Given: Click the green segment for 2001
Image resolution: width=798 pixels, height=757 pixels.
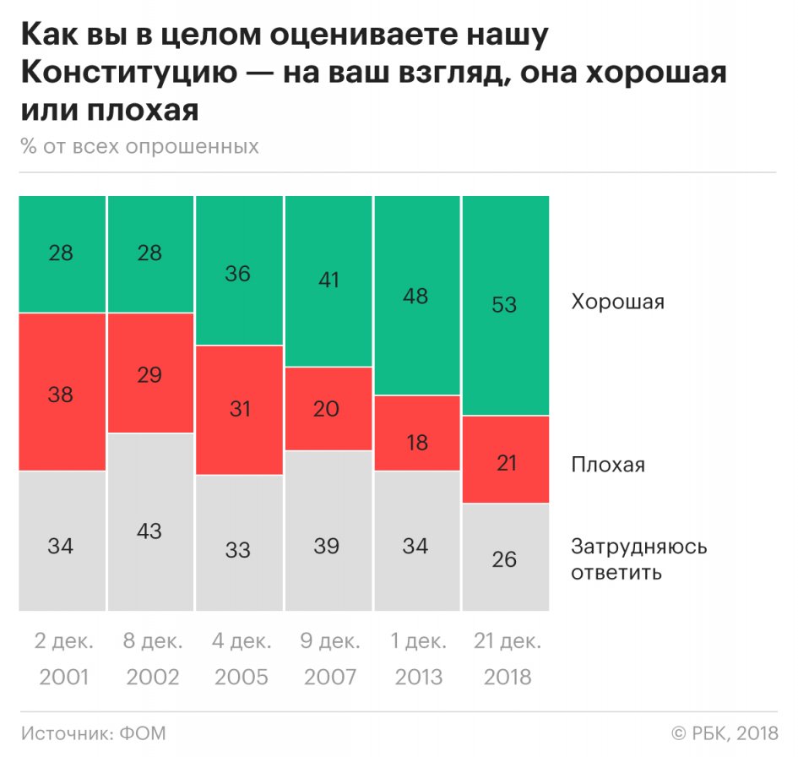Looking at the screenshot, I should click(62, 253).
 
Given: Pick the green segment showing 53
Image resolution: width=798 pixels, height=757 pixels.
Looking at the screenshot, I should click(504, 305).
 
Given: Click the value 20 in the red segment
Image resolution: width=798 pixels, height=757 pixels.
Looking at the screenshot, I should click(327, 409).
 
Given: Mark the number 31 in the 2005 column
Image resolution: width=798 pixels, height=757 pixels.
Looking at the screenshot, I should click(238, 410).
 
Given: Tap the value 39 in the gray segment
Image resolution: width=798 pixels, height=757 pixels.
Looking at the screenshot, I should click(327, 546).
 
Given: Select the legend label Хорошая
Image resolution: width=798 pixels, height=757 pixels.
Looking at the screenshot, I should click(617, 302).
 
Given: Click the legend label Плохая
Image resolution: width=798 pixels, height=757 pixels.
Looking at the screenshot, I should click(608, 465).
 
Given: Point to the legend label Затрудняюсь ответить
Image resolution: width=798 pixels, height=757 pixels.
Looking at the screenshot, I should click(638, 559).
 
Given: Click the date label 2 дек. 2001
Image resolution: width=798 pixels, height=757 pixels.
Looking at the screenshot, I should click(62, 658).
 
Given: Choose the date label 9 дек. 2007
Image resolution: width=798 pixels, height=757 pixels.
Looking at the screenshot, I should click(327, 658).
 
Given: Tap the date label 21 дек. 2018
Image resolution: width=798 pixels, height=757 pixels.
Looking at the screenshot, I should click(504, 658).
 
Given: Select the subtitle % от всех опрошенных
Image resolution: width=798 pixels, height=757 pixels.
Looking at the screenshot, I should click(140, 146).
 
